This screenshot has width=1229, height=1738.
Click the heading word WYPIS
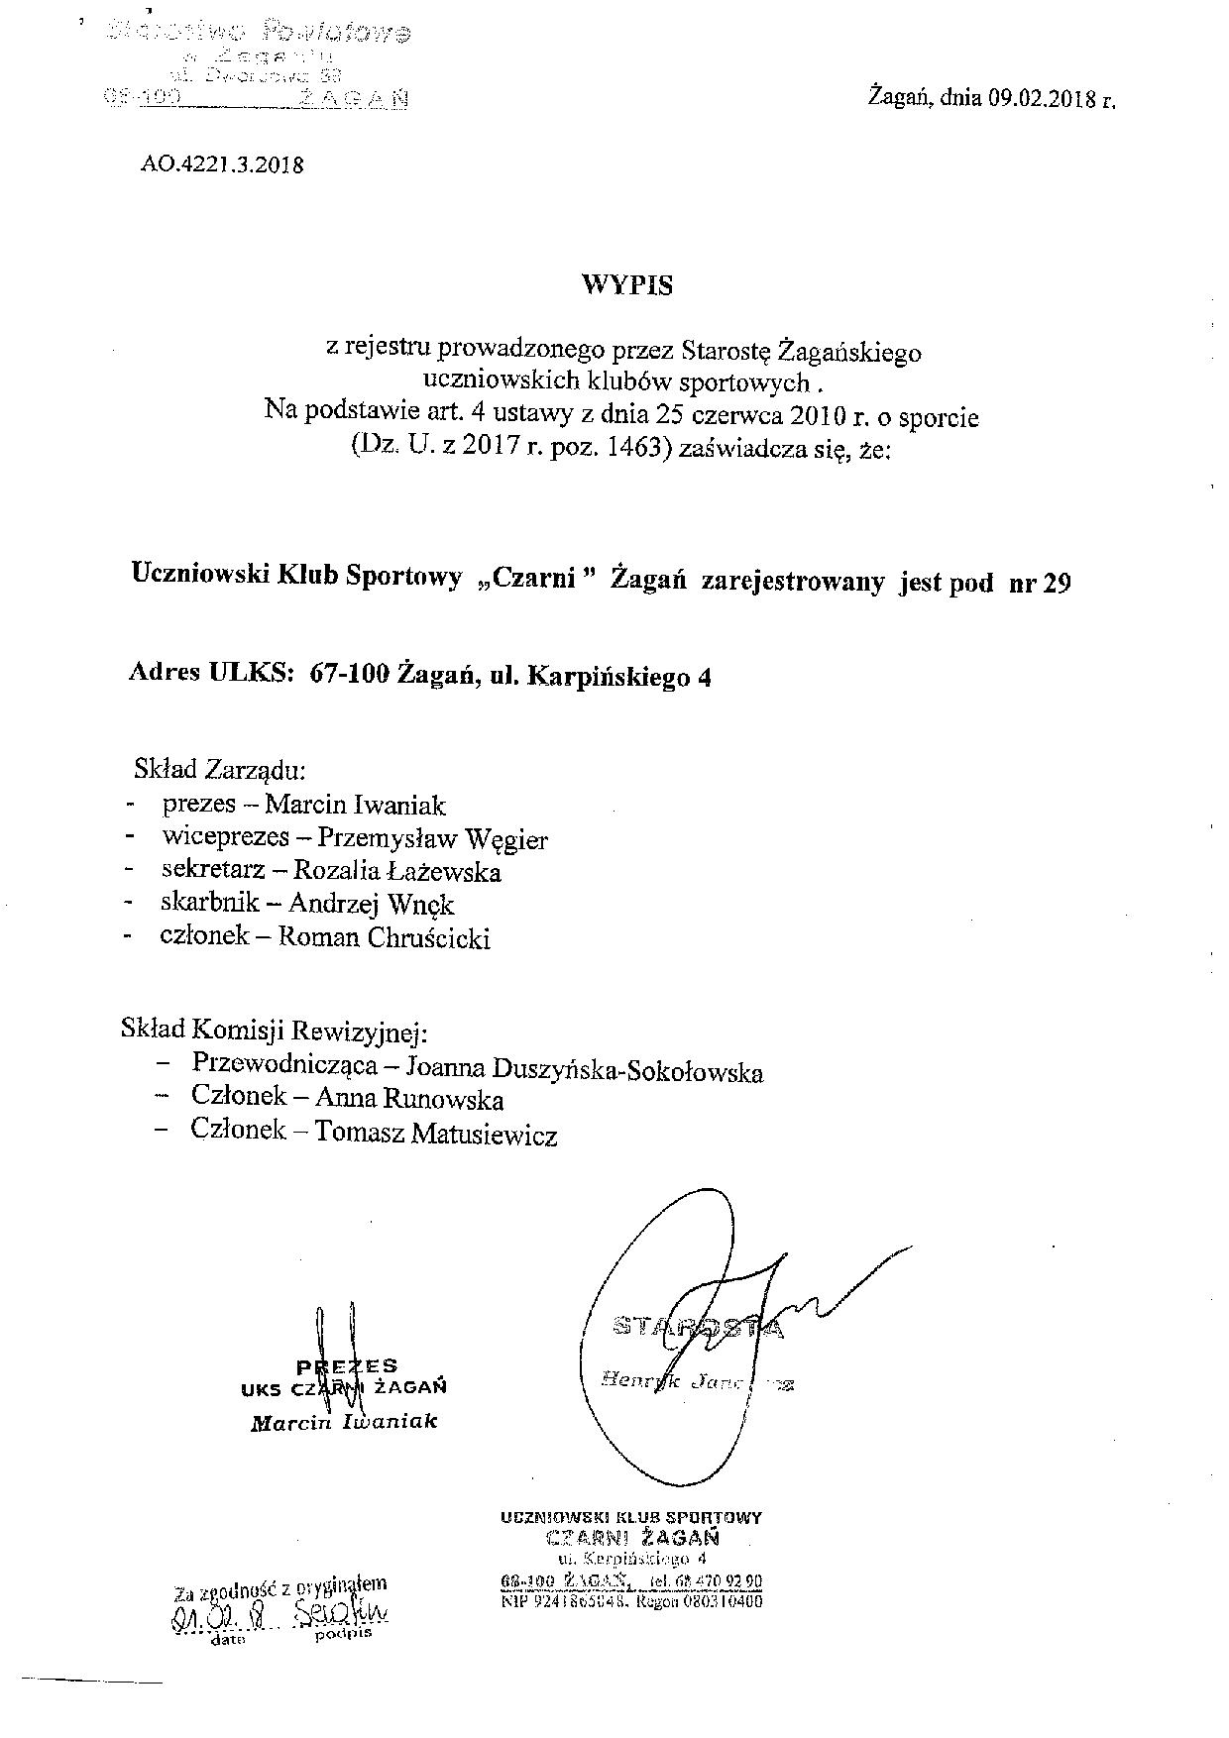(x=626, y=285)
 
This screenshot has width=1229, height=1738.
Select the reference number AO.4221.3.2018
(x=221, y=164)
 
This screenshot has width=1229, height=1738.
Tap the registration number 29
(x=1058, y=583)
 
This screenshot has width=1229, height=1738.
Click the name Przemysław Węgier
(x=432, y=839)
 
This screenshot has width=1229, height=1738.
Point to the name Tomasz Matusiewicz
(x=436, y=1134)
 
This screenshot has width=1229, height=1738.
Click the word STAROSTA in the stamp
(x=699, y=1327)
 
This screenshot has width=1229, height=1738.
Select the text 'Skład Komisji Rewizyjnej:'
(x=275, y=1031)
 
